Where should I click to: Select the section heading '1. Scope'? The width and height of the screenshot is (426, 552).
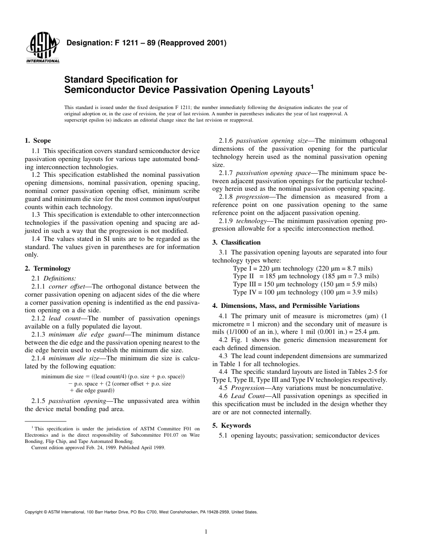click(38, 140)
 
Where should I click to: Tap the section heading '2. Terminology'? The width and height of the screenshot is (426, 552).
click(48, 268)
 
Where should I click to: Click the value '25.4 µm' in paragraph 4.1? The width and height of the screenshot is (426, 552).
click(366, 331)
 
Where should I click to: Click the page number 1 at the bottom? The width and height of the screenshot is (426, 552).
click(206, 532)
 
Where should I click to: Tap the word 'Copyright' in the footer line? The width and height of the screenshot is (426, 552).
click(34, 512)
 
